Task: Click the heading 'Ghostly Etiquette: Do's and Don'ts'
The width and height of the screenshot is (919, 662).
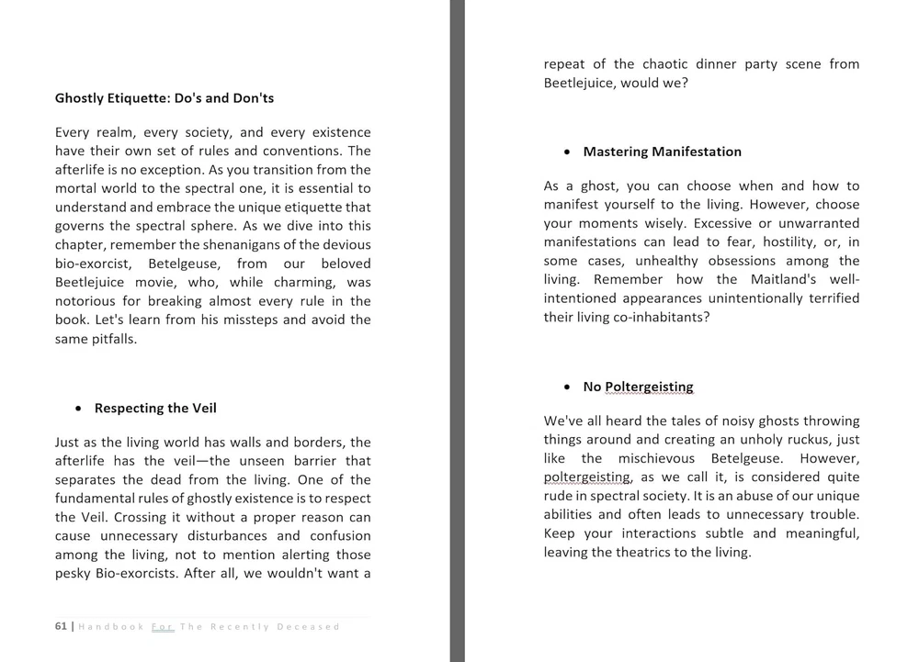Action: pos(165,98)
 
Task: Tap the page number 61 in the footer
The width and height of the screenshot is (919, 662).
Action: pos(61,626)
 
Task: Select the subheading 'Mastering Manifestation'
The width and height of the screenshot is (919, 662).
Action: pos(662,151)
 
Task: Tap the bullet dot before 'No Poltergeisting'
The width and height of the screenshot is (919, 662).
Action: pos(568,387)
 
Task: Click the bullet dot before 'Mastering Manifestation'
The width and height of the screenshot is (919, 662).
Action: pos(568,151)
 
